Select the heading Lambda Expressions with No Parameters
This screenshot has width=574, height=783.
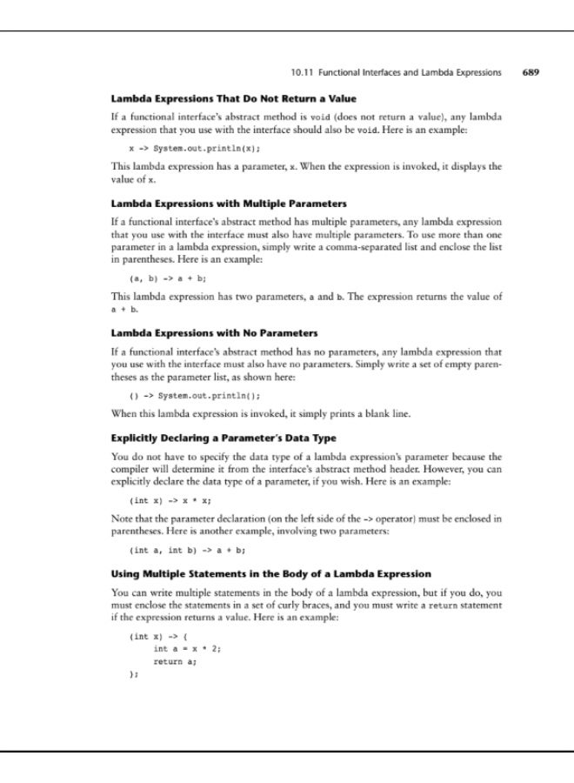click(x=213, y=333)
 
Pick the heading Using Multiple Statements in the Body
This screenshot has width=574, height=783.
click(x=271, y=573)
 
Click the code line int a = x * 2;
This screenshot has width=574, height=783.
click(x=187, y=648)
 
